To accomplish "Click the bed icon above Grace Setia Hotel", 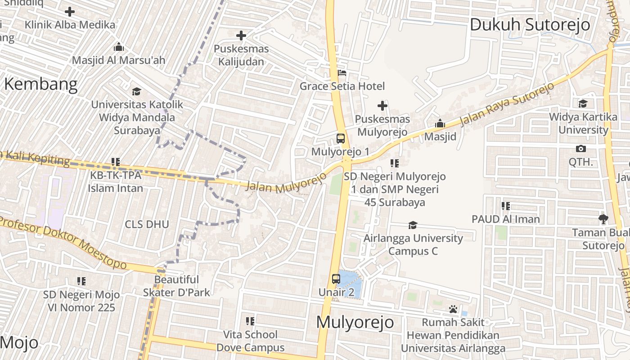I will point(342,72).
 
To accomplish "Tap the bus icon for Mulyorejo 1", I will point(341,138).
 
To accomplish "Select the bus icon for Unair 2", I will point(336,279).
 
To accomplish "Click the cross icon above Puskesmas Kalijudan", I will point(241,35).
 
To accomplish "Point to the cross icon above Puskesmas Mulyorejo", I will point(382,106).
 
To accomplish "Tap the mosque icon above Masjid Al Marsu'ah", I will point(119,46).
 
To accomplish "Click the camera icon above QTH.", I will point(581,148).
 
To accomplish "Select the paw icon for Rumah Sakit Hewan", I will point(453,309).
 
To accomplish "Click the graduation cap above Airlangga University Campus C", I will point(413,225).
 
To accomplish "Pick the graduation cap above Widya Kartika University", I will point(583,103).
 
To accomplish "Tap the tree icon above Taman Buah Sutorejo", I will point(603,219).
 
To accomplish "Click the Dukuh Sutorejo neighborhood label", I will point(530,25).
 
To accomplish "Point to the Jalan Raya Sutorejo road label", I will point(505,104).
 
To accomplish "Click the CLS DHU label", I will point(147,224).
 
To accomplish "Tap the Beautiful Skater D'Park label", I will point(176,286).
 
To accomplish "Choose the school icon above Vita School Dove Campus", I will point(250,321).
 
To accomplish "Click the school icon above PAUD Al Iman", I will point(506,206).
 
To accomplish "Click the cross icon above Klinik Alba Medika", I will point(70,11).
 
